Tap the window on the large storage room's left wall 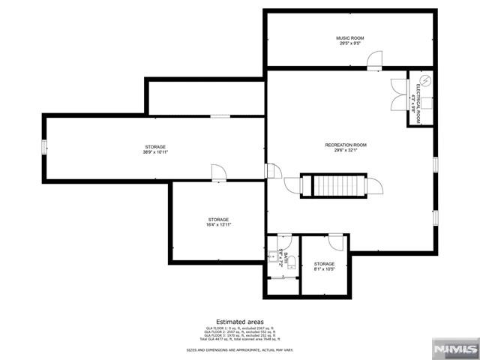point(44,147)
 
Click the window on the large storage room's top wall point(220,115)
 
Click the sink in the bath point(272,255)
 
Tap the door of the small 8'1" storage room point(335,241)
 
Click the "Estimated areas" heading point(239,321)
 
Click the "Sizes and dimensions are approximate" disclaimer point(239,350)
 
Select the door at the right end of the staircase point(373,185)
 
